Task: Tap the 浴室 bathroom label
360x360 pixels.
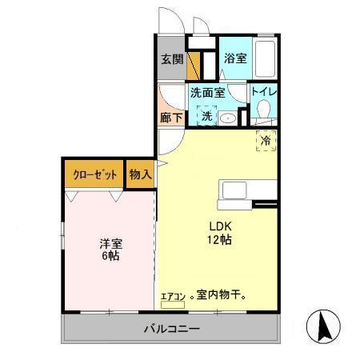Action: point(234,58)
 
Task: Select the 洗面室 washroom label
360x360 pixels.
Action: point(206,92)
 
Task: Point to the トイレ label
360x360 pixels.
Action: point(264,92)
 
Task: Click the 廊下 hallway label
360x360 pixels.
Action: point(170,117)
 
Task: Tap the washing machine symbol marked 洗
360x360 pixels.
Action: point(206,117)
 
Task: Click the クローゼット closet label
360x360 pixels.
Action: point(94,174)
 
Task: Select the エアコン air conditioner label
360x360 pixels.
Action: point(173,297)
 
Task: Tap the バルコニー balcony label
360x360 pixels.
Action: point(171,328)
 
